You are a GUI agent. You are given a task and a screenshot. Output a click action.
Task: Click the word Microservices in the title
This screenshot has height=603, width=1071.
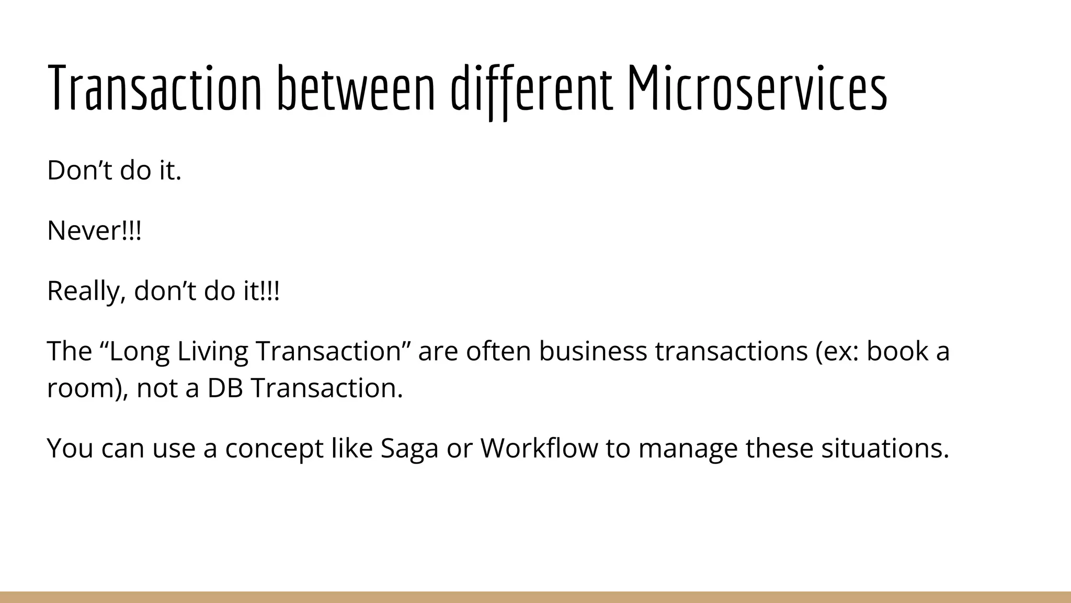(x=756, y=88)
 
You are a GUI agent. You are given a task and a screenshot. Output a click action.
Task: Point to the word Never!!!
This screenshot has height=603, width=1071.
(x=94, y=230)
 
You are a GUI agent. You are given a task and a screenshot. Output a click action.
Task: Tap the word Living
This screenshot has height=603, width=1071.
(x=212, y=351)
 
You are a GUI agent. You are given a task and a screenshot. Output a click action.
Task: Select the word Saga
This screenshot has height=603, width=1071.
(x=409, y=449)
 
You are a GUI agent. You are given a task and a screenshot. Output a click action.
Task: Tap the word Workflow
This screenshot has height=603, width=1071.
(x=539, y=449)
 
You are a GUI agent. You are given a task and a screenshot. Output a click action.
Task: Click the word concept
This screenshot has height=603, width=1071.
(x=274, y=449)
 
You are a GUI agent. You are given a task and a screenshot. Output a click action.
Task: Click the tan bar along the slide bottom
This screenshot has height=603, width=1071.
(x=535, y=597)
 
